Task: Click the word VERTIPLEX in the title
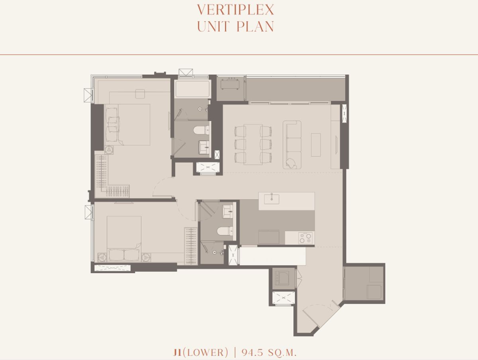236,10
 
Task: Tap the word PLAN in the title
255,27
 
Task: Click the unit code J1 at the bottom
177,352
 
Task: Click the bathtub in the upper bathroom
193,89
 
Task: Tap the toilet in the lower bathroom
225,231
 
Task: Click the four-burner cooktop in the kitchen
305,238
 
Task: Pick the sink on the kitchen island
272,199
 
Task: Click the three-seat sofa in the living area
292,145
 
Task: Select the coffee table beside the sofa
316,145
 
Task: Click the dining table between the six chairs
253,144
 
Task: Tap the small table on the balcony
229,84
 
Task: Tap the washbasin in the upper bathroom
204,148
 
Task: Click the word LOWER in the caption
206,352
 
